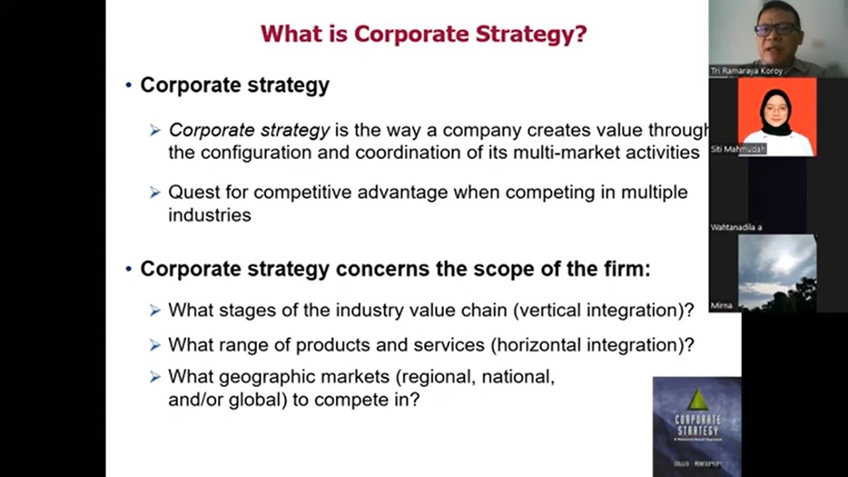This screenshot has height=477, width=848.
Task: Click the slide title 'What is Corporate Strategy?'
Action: coord(423,34)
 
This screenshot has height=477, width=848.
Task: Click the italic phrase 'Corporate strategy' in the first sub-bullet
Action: coord(249,131)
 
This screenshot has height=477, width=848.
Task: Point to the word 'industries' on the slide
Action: coord(209,215)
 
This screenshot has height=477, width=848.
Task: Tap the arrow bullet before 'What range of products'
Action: coord(155,344)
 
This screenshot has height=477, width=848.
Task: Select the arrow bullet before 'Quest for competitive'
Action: coord(155,192)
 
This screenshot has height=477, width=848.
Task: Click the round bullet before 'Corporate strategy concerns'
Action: coord(129,270)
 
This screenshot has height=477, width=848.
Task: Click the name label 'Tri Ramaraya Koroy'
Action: coord(746,71)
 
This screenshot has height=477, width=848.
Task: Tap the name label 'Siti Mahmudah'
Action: coord(738,149)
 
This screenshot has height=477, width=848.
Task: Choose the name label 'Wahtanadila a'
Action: coord(736,227)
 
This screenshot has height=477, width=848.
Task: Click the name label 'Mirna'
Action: coord(721,305)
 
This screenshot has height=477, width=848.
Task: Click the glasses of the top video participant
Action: coord(777,28)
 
